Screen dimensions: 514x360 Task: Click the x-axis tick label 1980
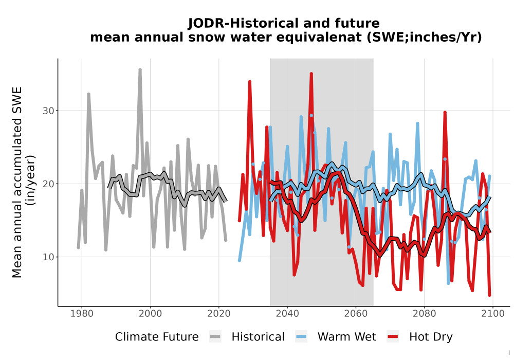pyautogui.click(x=82, y=314)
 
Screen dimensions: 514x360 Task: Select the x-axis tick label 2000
pyautogui.click(x=150, y=314)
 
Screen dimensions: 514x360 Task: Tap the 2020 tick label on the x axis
pyautogui.click(x=218, y=314)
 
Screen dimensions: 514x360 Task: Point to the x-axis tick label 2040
pyautogui.click(x=287, y=314)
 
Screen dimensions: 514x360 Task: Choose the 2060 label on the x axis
pyautogui.click(x=356, y=314)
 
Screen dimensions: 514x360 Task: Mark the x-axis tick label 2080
pyautogui.click(x=424, y=314)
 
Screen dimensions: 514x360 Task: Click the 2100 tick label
pyautogui.click(x=493, y=314)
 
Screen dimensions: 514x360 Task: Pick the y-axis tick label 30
pyautogui.click(x=48, y=111)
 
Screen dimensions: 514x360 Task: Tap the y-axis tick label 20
pyautogui.click(x=48, y=184)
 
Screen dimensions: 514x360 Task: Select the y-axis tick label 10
pyautogui.click(x=48, y=257)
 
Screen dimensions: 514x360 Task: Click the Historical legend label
pyautogui.click(x=258, y=337)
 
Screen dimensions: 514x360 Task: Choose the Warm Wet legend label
pyautogui.click(x=347, y=337)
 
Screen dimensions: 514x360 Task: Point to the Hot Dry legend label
pyautogui.click(x=431, y=337)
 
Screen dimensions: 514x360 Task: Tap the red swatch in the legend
pyautogui.click(x=393, y=337)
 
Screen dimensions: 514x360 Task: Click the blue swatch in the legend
pyautogui.click(x=301, y=337)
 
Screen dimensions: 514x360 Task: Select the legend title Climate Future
pyautogui.click(x=157, y=337)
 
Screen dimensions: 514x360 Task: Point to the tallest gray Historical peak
pyautogui.click(x=140, y=69)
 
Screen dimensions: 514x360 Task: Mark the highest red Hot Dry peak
pyautogui.click(x=311, y=74)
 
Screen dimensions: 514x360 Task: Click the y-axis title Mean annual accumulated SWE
pyautogui.click(x=17, y=182)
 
